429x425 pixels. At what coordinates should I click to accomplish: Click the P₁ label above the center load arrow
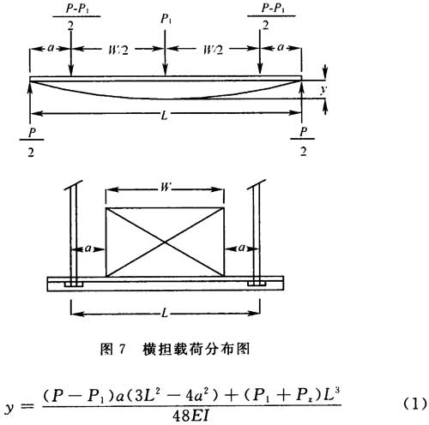pyautogui.click(x=166, y=19)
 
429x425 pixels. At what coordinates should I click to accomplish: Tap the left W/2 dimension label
pyautogui.click(x=118, y=51)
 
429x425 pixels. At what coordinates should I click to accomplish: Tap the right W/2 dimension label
pyautogui.click(x=213, y=51)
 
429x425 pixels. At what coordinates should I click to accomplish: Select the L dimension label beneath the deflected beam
pyautogui.click(x=165, y=115)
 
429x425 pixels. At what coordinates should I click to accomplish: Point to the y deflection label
pyautogui.click(x=323, y=89)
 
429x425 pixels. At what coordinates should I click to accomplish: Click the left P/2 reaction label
pyautogui.click(x=32, y=142)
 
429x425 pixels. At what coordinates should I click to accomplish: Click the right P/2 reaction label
pyautogui.click(x=303, y=141)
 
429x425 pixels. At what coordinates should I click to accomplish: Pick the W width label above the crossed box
pyautogui.click(x=166, y=188)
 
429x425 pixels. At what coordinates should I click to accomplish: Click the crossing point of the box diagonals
pyautogui.click(x=165, y=242)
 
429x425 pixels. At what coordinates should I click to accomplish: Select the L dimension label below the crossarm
pyautogui.click(x=165, y=314)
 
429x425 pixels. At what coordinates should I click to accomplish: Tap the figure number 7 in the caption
pyautogui.click(x=122, y=349)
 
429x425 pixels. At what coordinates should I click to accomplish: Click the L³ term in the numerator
pyautogui.click(x=333, y=395)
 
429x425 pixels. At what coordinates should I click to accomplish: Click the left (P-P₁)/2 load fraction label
pyautogui.click(x=76, y=16)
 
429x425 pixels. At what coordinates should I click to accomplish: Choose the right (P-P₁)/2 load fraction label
pyautogui.click(x=271, y=16)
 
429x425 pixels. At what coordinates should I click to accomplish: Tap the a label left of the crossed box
pyautogui.click(x=88, y=248)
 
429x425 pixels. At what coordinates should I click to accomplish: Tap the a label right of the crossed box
pyautogui.click(x=242, y=248)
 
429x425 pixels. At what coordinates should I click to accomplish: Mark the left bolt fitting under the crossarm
pyautogui.click(x=73, y=284)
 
